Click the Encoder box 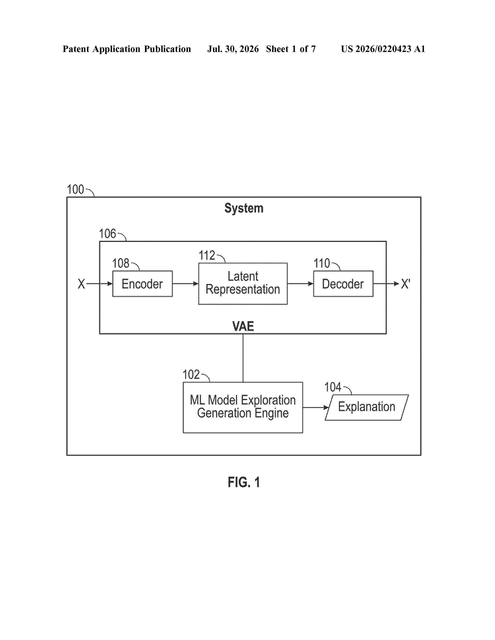point(142,284)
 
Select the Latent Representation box point(243,284)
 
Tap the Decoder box point(343,284)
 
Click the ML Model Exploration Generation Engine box point(243,407)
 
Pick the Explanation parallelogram point(366,407)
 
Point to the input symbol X point(81,284)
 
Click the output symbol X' point(406,284)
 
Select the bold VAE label point(243,326)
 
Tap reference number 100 point(75,190)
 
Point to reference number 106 point(108,234)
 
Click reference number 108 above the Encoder point(121,263)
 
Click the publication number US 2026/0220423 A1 point(383,49)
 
